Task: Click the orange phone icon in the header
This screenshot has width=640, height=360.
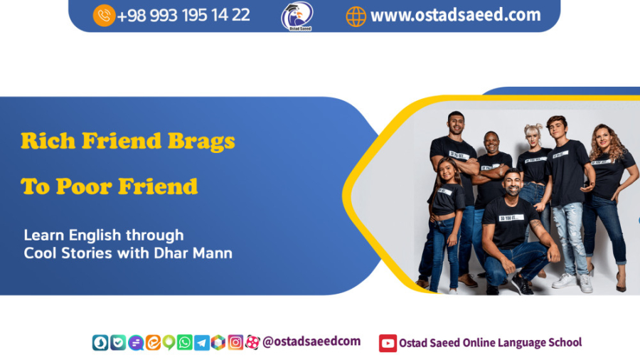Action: point(104,15)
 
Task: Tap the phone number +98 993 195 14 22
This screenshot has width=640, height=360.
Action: point(183,15)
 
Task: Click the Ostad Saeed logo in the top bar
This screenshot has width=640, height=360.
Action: point(296,16)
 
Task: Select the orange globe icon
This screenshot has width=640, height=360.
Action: point(356,16)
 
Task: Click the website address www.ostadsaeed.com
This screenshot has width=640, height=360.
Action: point(455,15)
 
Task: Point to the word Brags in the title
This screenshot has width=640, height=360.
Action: point(201,141)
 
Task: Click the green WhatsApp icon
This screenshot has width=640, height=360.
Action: point(184,342)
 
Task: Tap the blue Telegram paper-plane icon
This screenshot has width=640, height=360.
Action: point(201,342)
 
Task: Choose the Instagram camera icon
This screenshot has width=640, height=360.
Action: point(235,342)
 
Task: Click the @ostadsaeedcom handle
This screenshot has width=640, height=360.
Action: point(311,342)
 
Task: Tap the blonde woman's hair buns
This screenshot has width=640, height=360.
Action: point(533,129)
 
